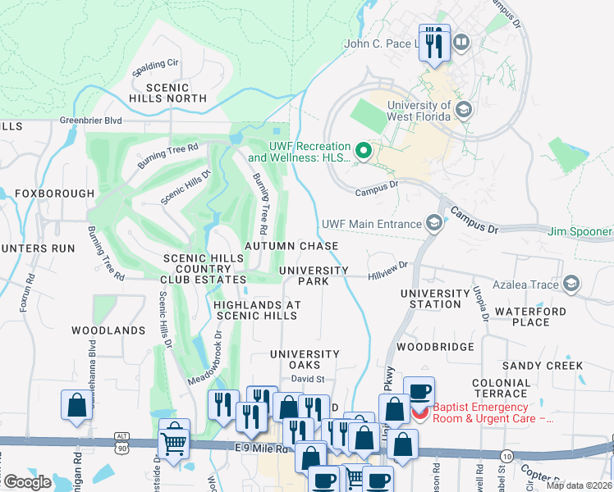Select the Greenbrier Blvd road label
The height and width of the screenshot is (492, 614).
[x=90, y=121]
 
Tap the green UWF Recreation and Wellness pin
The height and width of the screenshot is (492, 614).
[x=364, y=152]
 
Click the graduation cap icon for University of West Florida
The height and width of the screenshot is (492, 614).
[x=463, y=109]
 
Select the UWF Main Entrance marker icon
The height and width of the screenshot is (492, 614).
[x=433, y=223]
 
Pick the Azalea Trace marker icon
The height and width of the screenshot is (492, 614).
[x=570, y=285]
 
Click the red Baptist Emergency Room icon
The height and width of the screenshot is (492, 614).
[x=419, y=412]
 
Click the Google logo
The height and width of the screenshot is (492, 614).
[x=28, y=482]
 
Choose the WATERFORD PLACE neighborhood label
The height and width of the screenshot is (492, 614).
[x=530, y=317]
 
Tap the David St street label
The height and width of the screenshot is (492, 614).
[x=309, y=379]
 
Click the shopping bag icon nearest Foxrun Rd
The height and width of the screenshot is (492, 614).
[x=76, y=405]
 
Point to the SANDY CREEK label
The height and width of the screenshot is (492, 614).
[x=543, y=366]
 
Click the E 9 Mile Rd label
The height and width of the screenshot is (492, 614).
[x=263, y=449]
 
